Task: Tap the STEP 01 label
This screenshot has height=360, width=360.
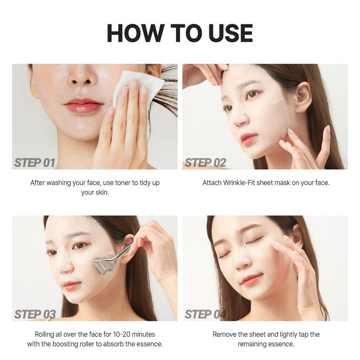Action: click(35, 163)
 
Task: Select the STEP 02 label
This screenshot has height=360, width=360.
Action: click(205, 163)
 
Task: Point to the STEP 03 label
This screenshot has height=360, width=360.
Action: click(35, 314)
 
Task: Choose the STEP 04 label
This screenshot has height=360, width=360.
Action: click(205, 314)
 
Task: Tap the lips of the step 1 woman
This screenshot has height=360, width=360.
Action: click(84, 105)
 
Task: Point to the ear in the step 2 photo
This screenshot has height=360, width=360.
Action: click(303, 98)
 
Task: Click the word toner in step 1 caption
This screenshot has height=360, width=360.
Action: click(123, 183)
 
